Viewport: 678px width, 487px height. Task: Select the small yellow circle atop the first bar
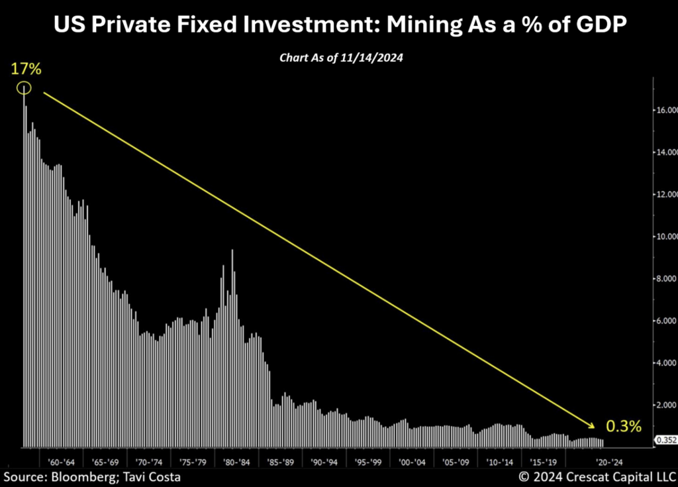pyautogui.click(x=24, y=87)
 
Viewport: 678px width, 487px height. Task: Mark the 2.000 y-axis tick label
pyautogui.click(x=665, y=405)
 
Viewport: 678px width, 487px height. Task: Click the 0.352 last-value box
pyautogui.click(x=665, y=439)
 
